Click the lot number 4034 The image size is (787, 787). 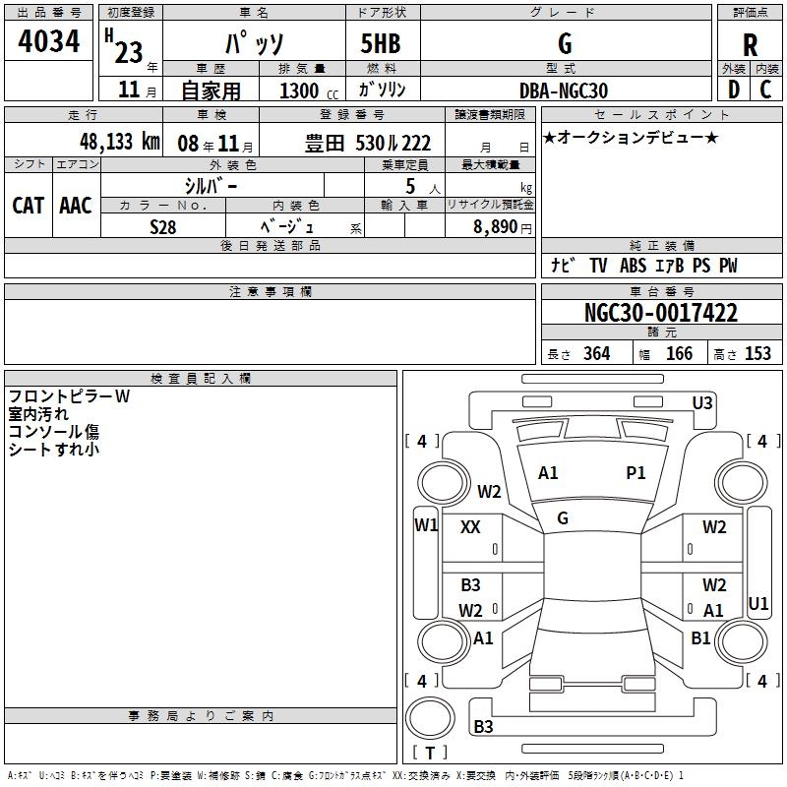[x=49, y=42]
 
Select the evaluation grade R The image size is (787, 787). [x=750, y=44]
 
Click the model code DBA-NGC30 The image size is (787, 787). [x=564, y=91]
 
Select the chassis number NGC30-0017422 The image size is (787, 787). [x=660, y=313]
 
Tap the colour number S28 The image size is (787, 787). [x=163, y=226]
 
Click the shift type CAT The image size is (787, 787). [x=28, y=205]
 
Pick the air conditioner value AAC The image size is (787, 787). [x=76, y=205]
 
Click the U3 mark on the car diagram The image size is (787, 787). [x=702, y=402]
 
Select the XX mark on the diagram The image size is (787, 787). [x=470, y=527]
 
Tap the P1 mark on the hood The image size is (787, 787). [x=636, y=473]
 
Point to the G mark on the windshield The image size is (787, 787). [x=563, y=517]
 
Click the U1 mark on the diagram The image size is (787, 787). [x=758, y=602]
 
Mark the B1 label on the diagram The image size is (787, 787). [x=700, y=638]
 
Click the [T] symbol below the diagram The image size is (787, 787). [x=430, y=753]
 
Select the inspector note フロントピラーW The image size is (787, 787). [x=69, y=396]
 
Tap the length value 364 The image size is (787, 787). [x=596, y=354]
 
